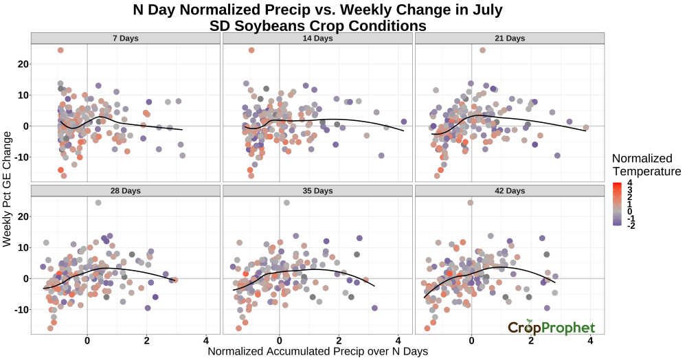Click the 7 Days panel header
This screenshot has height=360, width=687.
point(125,38)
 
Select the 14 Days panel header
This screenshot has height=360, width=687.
point(318,38)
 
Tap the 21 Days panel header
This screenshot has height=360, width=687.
point(510,38)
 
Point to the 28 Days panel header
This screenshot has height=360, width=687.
point(125,190)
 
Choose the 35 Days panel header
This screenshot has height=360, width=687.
point(318,190)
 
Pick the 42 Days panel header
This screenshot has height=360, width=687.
point(510,190)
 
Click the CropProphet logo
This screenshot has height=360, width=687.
point(551,327)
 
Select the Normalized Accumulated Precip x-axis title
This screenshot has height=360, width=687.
point(318,351)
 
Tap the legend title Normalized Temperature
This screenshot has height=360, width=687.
point(646,165)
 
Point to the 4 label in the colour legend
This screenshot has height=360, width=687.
point(630,183)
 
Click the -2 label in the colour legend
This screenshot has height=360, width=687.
point(631,225)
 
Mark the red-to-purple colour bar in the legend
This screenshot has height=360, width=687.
point(617,203)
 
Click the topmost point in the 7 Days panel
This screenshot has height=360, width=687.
point(60,50)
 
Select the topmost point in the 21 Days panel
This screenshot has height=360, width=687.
point(482,50)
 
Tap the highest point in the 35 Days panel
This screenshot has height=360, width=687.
point(286,203)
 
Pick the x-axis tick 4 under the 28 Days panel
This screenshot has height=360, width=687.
point(206,341)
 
